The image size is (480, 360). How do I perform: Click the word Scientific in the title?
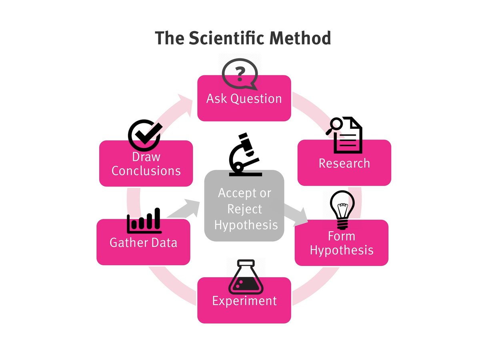click(x=226, y=38)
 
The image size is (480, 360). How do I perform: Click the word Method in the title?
click(x=300, y=38)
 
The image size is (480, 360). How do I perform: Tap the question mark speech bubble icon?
click(x=239, y=74)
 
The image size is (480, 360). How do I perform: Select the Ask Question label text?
click(x=244, y=99)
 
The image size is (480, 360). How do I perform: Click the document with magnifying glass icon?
click(x=345, y=135)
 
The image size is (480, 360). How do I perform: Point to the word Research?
click(x=344, y=163)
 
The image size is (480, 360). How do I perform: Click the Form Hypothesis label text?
click(x=342, y=243)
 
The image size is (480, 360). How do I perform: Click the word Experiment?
click(x=244, y=301)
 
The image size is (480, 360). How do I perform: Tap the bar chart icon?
click(x=144, y=221)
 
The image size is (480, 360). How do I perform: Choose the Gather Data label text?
click(x=143, y=243)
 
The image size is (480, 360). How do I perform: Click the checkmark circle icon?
click(x=144, y=134)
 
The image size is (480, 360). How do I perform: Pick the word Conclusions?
click(x=146, y=171)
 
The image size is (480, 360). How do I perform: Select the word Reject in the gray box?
click(x=244, y=209)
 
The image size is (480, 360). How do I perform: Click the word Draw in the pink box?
click(x=146, y=157)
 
